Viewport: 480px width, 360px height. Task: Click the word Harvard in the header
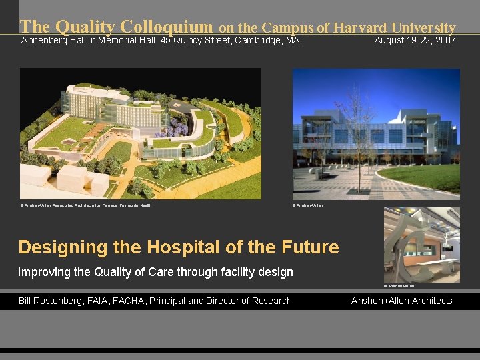359,27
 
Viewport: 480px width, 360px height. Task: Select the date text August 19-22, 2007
415,41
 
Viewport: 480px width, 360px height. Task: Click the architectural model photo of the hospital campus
141,133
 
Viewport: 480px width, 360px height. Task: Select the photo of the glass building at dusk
376,133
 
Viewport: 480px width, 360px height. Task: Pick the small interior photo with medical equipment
421,245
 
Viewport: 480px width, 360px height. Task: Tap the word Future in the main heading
309,247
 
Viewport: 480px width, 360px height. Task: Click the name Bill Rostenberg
53,301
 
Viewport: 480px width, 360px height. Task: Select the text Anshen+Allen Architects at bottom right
401,301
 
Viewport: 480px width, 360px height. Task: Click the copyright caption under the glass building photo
308,205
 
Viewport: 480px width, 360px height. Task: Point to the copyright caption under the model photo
86,205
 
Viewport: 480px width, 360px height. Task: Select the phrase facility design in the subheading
264,272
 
